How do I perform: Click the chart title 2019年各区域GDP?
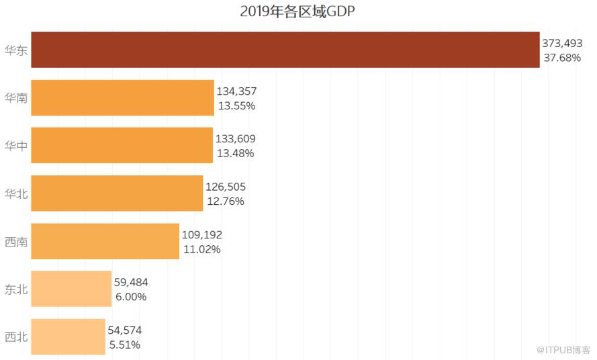(297, 12)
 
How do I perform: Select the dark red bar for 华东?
(285, 50)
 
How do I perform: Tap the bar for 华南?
(122, 97)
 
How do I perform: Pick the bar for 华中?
(122, 145)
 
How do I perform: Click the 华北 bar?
(117, 193)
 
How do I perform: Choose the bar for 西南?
(105, 241)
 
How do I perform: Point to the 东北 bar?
(71, 289)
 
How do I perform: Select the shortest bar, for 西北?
(68, 336)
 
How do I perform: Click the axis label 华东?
(16, 50)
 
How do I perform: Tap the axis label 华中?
(16, 146)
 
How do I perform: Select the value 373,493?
(562, 43)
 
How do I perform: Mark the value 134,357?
(236, 91)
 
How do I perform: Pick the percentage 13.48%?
(235, 153)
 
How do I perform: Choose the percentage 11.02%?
(201, 249)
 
